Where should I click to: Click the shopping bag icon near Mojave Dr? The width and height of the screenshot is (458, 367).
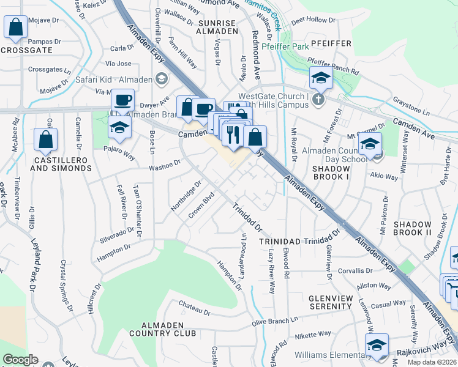point(15,27)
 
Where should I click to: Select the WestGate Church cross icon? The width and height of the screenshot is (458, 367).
point(317,99)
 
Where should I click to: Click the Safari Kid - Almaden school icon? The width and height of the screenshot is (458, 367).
point(162,78)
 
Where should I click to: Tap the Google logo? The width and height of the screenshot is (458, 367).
point(20,360)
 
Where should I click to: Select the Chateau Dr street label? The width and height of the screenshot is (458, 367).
point(194,304)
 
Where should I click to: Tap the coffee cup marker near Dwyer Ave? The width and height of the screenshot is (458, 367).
point(122,100)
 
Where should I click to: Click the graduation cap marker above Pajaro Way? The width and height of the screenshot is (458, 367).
point(119,128)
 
